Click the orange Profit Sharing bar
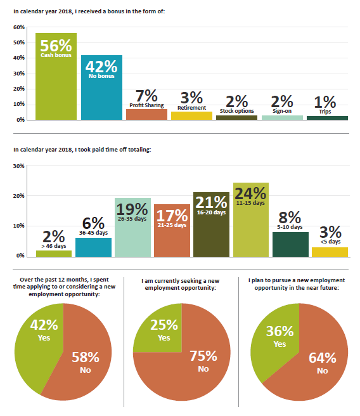point(146,114)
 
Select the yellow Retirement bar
point(191,115)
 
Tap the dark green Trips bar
point(328,118)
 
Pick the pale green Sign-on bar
point(282,117)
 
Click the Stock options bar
point(237,117)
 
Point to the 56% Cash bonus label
point(56,48)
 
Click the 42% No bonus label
point(101,69)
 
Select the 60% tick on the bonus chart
point(19,27)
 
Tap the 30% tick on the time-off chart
point(19,166)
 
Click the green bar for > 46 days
point(54,254)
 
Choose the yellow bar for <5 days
point(330,252)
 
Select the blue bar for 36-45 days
point(94,247)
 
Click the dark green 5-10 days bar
point(290,244)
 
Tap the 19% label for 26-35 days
point(132,212)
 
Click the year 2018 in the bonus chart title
point(65,11)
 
